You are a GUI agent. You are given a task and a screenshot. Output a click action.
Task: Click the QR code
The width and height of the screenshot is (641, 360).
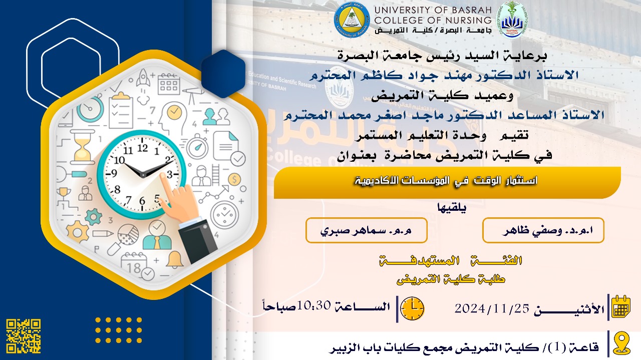(24, 336)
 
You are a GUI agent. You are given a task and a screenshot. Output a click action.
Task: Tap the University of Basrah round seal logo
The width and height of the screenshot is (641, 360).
(352, 20)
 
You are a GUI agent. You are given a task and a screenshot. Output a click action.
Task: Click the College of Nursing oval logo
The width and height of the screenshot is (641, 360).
(511, 20)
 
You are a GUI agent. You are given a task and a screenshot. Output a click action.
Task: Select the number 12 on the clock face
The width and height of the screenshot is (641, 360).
(143, 148)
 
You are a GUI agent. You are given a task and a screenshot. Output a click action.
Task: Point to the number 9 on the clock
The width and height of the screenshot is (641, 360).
(114, 173)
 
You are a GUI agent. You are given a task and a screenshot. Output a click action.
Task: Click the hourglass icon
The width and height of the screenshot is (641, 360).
(83, 147)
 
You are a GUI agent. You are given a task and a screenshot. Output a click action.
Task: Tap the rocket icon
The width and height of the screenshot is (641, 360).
(143, 77)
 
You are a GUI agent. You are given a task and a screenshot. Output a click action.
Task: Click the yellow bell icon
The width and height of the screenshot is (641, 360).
(174, 259)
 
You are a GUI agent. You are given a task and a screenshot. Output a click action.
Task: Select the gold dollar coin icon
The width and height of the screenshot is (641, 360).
(234, 180)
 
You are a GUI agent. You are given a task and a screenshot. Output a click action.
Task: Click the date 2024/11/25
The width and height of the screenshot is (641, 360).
(492, 308)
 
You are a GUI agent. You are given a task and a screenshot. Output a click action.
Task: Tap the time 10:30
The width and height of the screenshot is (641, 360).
(314, 305)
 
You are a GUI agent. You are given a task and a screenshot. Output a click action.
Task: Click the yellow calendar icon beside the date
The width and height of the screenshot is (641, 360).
(620, 307)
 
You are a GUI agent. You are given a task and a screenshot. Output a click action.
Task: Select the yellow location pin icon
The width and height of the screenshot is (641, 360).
(621, 344)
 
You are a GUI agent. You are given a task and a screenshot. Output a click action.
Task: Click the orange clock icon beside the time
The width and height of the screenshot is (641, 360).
(412, 308)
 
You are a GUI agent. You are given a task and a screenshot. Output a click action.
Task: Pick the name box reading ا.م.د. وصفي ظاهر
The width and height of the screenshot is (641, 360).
(543, 230)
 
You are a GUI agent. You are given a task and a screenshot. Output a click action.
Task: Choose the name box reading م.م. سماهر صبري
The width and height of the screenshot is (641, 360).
(367, 230)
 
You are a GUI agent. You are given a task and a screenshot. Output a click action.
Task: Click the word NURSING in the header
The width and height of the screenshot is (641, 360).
(463, 21)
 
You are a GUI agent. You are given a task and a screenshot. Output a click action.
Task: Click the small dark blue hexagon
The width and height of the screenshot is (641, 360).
(223, 74)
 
